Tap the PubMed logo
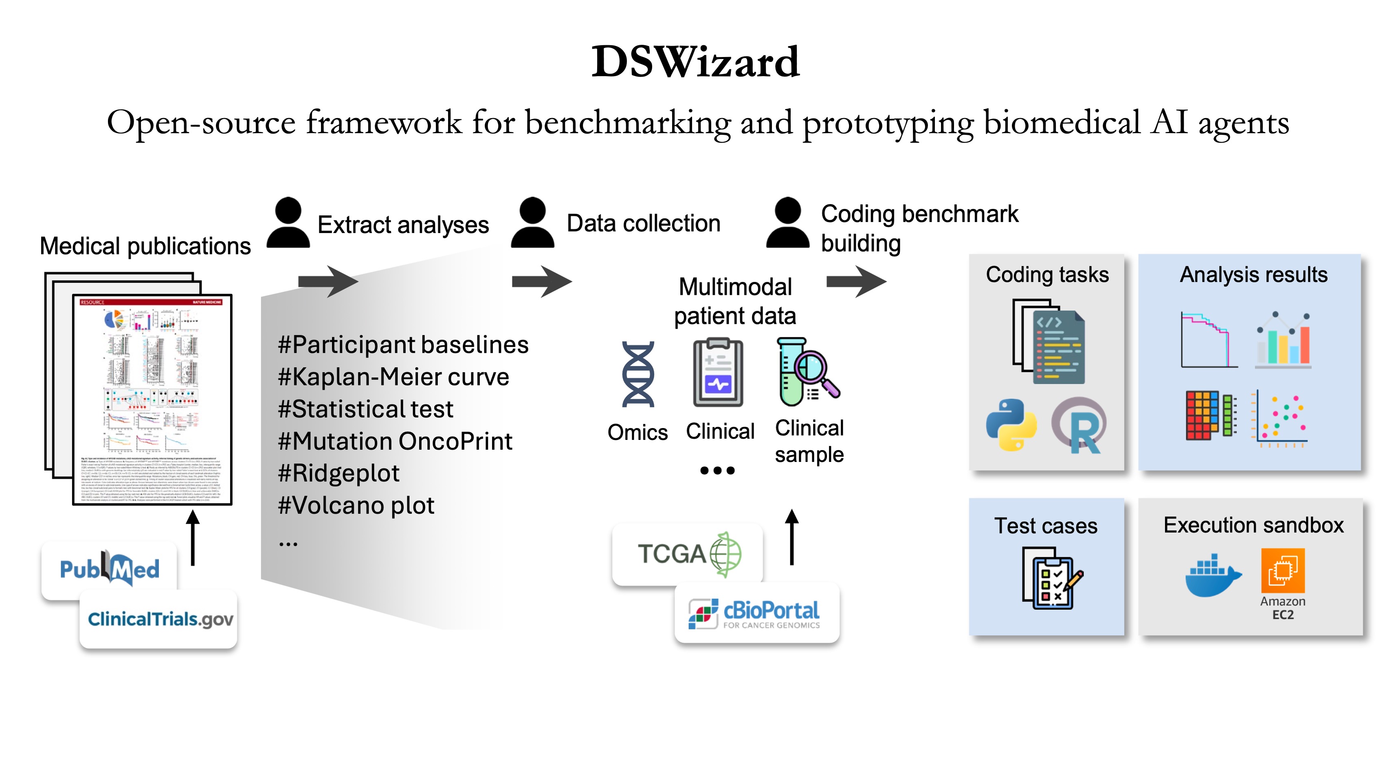[110, 569]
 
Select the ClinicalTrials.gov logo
[160, 619]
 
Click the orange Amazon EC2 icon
[1282, 570]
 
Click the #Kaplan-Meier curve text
[393, 377]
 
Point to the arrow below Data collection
[541, 281]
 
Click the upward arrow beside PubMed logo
[193, 538]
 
